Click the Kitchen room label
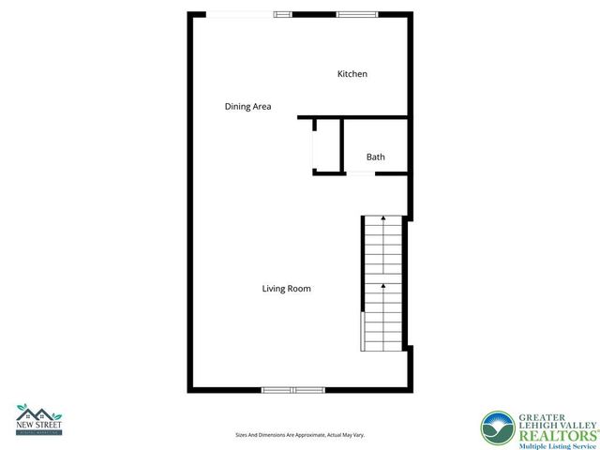pos(352,74)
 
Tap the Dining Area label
pos(247,106)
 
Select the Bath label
pos(375,157)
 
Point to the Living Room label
pos(286,289)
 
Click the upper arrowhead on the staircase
pos(383,217)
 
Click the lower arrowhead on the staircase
pos(383,284)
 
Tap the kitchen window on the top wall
pos(356,14)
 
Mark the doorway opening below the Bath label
pos(361,172)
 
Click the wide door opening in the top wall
pos(240,14)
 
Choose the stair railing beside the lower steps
pos(362,331)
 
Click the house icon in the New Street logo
pos(37,413)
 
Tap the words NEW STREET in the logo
pos(37,427)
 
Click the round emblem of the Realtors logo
pos(498,429)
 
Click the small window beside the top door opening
pos(282,14)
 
